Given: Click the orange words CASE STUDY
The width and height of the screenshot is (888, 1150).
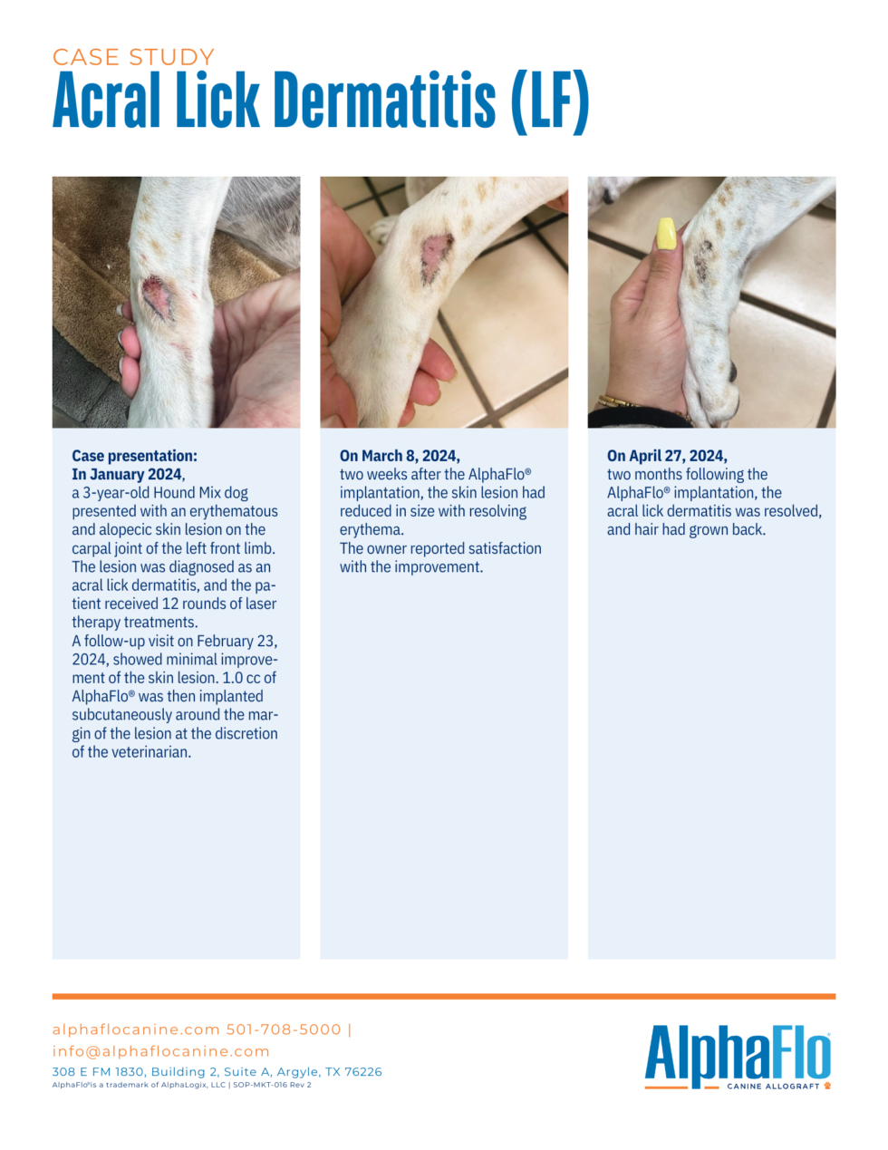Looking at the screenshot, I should tap(133, 57).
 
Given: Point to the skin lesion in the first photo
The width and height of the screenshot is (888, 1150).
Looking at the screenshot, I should tap(157, 297).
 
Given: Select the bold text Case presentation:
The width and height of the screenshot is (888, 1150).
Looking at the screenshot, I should tap(134, 456).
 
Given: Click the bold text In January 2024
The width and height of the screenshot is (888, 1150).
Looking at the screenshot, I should tap(127, 474).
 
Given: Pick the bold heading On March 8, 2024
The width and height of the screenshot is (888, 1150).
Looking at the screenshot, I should tap(400, 456).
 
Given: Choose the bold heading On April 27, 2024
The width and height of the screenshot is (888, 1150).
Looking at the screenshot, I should tap(667, 456).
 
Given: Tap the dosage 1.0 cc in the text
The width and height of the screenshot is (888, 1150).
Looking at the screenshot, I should tap(242, 678).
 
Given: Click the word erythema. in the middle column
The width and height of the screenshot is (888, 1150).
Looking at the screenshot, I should tap(372, 529).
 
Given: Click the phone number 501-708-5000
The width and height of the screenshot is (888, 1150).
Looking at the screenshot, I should tap(284, 1029).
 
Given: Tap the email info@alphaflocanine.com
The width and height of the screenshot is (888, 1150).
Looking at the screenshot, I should tap(160, 1051).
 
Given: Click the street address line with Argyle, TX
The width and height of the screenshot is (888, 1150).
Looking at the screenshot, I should tap(217, 1071).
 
